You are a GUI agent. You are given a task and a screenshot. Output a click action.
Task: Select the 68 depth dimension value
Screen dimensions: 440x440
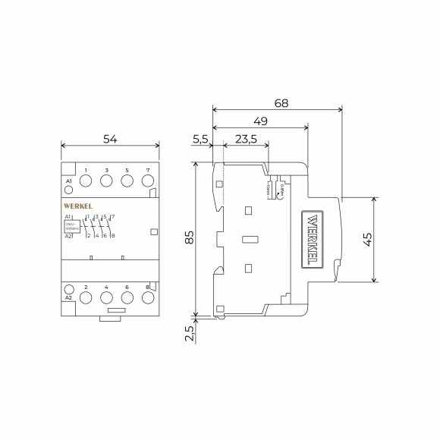[x=280, y=102]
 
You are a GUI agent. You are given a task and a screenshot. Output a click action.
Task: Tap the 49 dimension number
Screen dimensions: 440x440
[x=259, y=121]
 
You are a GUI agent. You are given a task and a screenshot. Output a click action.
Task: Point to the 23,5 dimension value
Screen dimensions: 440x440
[x=245, y=139]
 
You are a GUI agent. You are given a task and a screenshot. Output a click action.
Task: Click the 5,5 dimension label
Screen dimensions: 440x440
[x=200, y=139]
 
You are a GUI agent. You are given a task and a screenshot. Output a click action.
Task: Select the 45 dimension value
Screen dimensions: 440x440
[x=366, y=238]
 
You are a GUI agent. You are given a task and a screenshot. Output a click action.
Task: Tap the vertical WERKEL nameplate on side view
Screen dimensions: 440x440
[x=313, y=240]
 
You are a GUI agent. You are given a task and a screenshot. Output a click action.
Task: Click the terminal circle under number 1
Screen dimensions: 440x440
[x=86, y=181]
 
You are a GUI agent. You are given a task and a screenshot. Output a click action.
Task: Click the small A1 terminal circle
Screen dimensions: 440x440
[x=69, y=190]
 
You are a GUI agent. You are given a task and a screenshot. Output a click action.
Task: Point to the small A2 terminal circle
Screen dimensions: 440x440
[x=69, y=289]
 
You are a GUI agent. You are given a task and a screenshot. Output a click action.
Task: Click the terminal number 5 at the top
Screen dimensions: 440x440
[x=127, y=170]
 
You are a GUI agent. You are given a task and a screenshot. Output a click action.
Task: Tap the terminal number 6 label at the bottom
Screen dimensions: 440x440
[x=127, y=288]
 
